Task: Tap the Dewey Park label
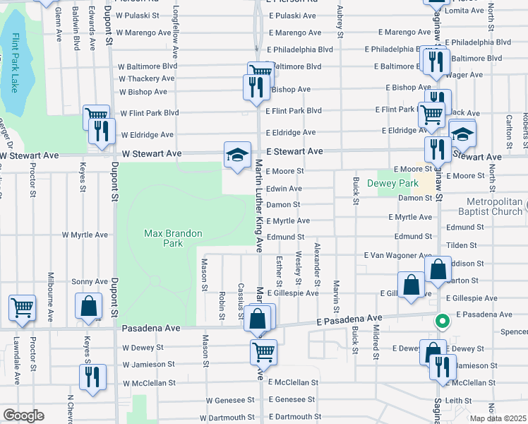pyautogui.click(x=383, y=183)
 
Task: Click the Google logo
pyautogui.click(x=23, y=416)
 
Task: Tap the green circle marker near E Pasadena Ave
pyautogui.click(x=443, y=322)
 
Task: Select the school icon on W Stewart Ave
pyautogui.click(x=237, y=153)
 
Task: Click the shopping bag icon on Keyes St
pyautogui.click(x=88, y=307)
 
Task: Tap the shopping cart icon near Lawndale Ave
pyautogui.click(x=22, y=307)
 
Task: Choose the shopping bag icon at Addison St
pyautogui.click(x=438, y=269)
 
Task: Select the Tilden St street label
pyautogui.click(x=462, y=245)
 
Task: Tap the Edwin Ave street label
pyautogui.click(x=284, y=189)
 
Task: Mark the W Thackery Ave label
pyautogui.click(x=147, y=79)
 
